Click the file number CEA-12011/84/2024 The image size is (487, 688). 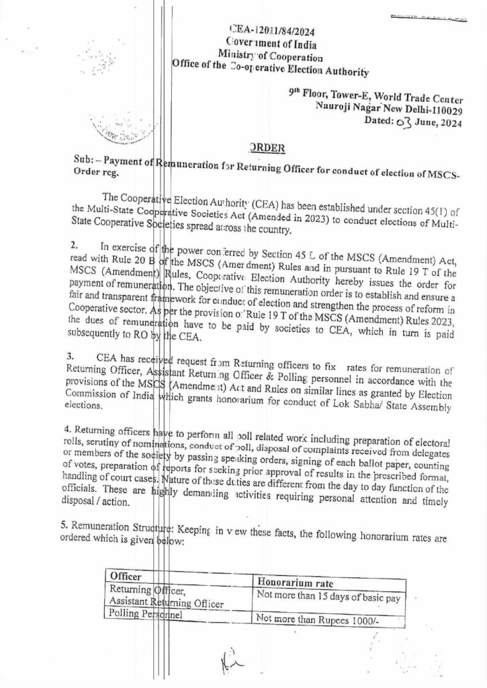pyautogui.click(x=272, y=31)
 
